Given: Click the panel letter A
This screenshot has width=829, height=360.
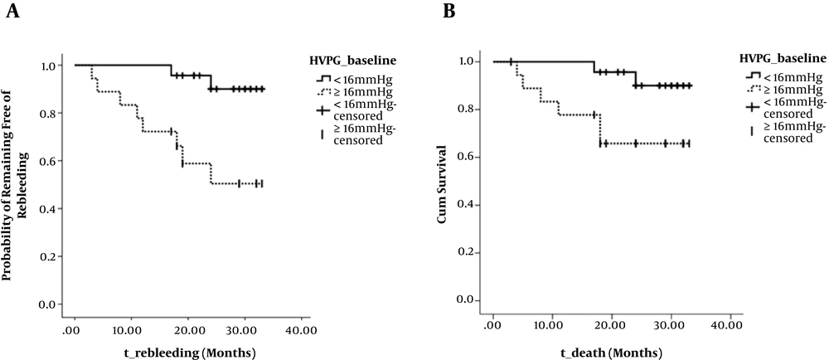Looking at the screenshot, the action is tap(13, 11).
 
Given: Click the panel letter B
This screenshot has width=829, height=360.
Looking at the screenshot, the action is tap(448, 11).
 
